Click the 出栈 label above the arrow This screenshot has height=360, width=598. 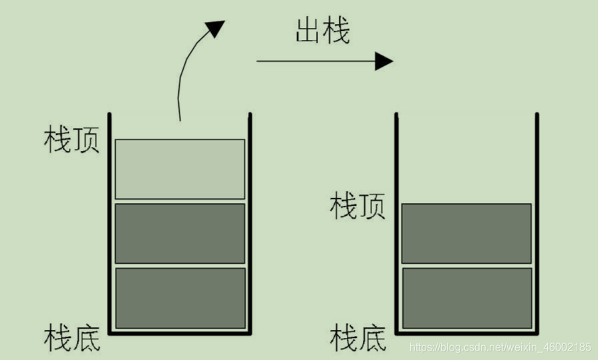322,31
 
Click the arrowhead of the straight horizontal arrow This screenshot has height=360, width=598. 384,61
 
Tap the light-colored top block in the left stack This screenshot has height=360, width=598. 180,168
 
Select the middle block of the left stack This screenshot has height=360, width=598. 180,233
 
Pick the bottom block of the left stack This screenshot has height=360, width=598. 180,298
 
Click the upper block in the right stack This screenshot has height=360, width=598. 466,233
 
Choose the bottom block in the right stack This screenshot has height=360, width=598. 466,298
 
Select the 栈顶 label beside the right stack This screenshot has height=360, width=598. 357,207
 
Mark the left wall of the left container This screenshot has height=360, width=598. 110,220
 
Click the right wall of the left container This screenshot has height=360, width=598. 251,220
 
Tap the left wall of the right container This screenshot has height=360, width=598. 396,220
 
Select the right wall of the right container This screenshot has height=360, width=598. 537,220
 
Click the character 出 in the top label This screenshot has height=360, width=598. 307,31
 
